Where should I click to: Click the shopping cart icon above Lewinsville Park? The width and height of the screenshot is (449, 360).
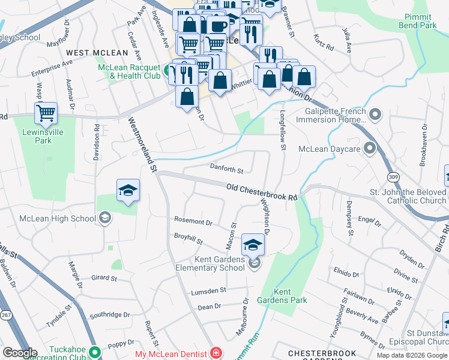point(46,112)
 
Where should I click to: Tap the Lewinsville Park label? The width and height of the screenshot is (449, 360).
point(46,137)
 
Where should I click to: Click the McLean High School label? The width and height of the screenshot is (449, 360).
point(58,218)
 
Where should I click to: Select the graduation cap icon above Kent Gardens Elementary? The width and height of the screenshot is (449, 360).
point(253,245)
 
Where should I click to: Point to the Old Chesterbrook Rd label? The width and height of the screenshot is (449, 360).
point(262,193)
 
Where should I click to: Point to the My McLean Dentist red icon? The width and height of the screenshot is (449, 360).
point(215,354)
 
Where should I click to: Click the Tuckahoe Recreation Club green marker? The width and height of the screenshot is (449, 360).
point(94,352)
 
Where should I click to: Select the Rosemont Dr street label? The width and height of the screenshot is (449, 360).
point(193,222)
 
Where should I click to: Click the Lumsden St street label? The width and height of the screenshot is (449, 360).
point(208,290)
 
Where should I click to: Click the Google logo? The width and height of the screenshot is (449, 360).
point(20,353)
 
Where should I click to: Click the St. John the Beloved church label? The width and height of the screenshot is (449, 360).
point(408,196)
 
